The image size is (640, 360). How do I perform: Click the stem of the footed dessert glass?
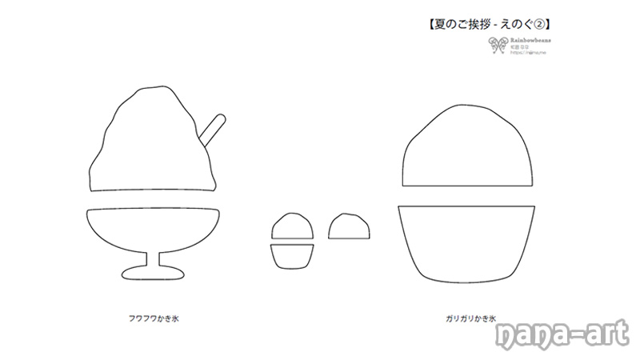click(x=152, y=262)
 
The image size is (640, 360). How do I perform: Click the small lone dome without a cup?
click(x=349, y=226)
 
